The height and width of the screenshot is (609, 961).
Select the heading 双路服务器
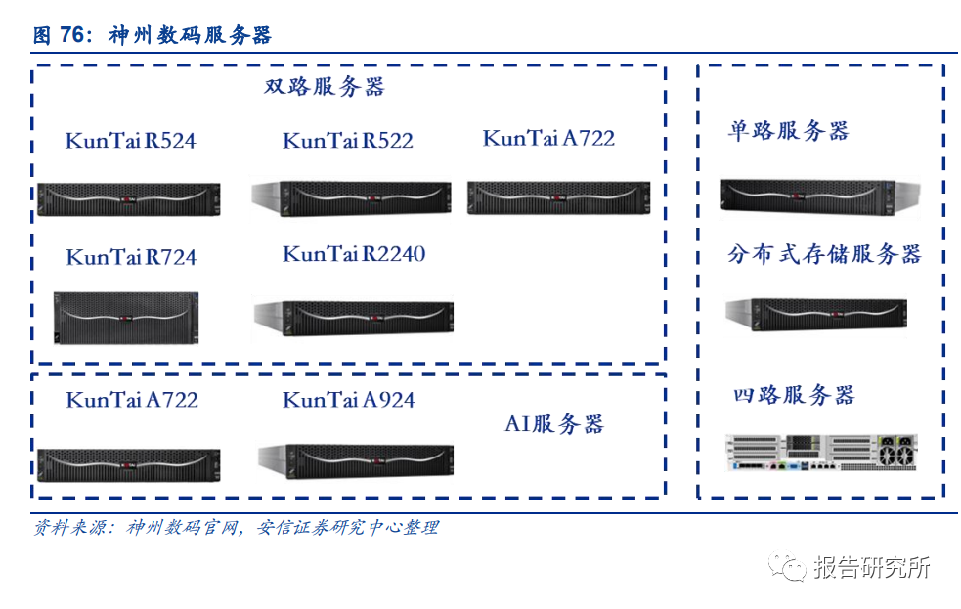point(325,87)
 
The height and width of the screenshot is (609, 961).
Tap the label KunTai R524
point(130,141)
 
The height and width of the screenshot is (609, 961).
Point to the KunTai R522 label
point(348,141)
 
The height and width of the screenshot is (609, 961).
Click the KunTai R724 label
point(131,258)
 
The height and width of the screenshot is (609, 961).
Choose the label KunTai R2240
point(354,255)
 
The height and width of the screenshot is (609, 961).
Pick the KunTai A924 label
point(348,400)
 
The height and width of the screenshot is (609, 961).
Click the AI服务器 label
point(554,424)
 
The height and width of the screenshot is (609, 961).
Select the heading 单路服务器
point(788,131)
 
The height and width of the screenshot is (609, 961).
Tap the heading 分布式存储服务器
point(824,255)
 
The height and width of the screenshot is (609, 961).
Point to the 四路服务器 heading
point(794,395)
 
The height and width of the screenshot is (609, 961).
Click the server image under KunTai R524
point(128,198)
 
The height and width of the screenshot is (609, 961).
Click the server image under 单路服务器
point(808,196)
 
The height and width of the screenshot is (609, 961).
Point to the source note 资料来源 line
point(236,528)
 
